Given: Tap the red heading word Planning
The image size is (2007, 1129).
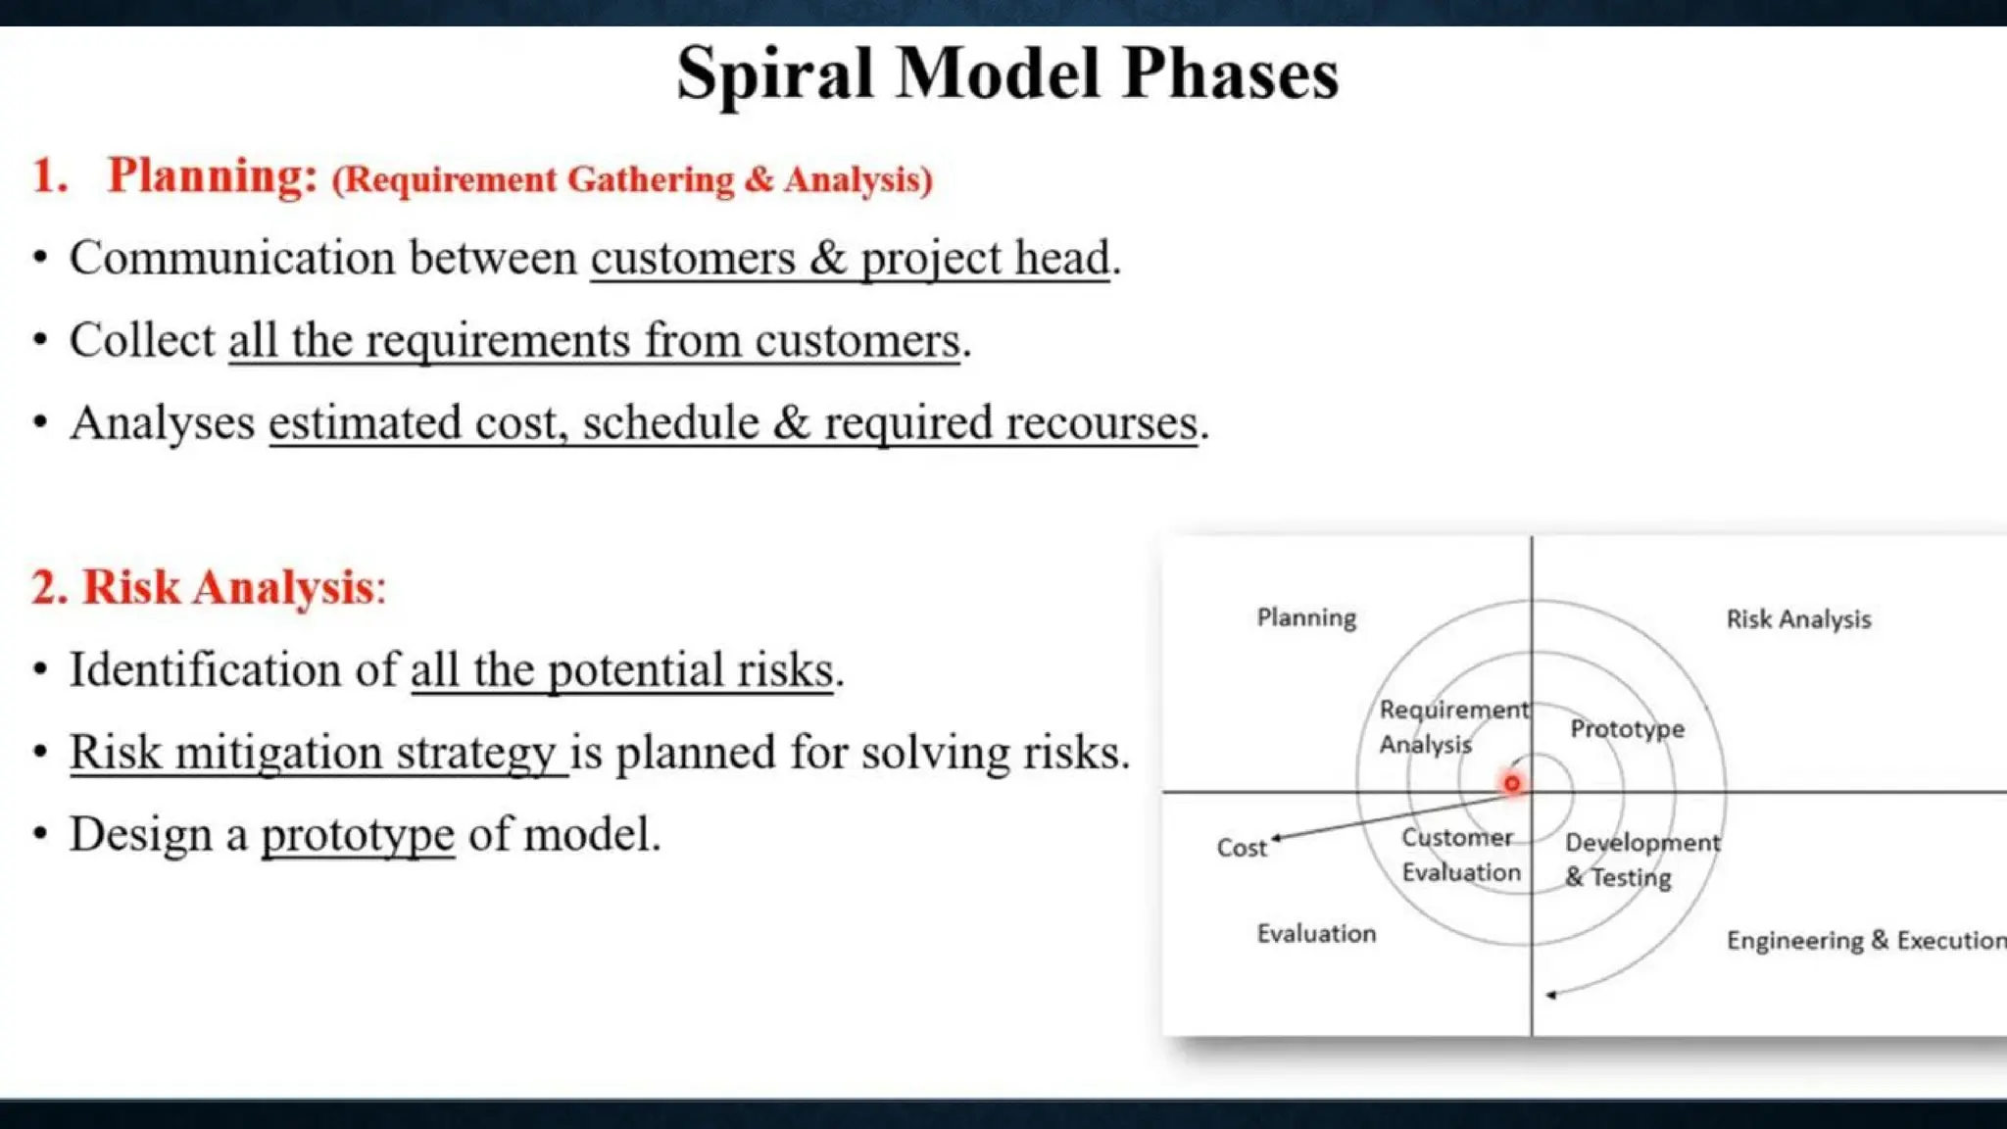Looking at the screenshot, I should pos(212,176).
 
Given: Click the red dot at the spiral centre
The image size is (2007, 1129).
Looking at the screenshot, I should pos(1511,784).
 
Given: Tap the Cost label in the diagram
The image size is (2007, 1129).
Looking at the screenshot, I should pos(1241,848).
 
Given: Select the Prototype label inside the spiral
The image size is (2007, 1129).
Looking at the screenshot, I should pos(1627,729).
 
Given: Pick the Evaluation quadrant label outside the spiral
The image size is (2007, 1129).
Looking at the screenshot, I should pos(1316,934).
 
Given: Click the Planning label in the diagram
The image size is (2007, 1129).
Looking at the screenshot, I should pos(1306,618).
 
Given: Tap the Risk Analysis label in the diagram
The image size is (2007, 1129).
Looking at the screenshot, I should pos(1798,619).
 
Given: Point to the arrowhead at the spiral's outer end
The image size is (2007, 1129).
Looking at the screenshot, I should pos(1550,996).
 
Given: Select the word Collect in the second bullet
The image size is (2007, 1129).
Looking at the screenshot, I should pos(141,341).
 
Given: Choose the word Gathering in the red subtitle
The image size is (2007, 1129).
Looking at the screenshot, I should pos(650,180).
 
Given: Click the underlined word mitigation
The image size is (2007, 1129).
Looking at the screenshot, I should pos(278,754).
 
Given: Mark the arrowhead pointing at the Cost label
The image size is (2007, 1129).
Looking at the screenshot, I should pos(1276,838).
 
